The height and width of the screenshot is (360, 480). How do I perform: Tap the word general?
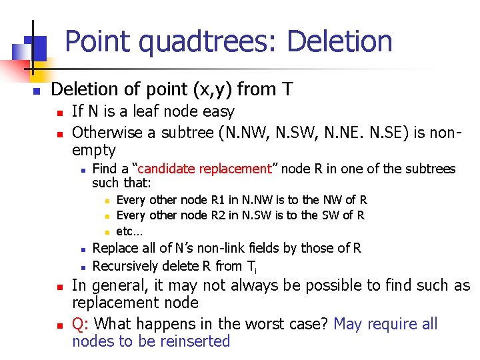coord(121,285)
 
